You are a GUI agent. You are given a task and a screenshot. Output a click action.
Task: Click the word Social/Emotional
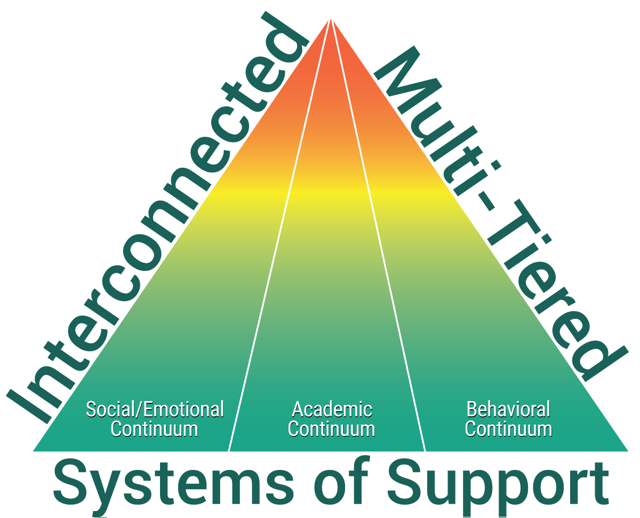(155, 410)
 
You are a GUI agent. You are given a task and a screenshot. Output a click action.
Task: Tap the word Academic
(332, 410)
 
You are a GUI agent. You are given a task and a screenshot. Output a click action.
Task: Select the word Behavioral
(508, 410)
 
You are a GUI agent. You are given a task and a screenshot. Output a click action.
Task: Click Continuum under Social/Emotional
(155, 429)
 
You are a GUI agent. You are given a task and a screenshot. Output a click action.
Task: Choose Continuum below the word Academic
(332, 429)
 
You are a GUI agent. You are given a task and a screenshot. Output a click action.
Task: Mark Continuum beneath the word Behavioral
(508, 429)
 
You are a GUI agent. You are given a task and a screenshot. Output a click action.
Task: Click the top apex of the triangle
(331, 16)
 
